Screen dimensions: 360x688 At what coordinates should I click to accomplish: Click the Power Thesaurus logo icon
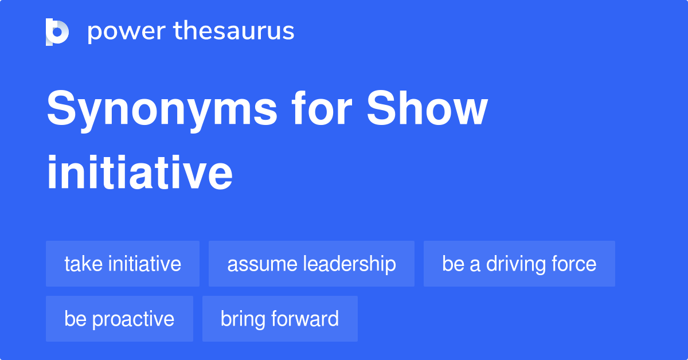point(57,32)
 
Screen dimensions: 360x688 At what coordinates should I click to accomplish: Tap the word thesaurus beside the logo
point(234,32)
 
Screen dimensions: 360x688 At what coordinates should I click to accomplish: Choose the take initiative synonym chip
point(123,264)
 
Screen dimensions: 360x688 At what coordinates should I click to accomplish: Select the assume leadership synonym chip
point(311,264)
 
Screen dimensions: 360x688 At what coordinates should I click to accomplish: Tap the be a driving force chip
point(519,264)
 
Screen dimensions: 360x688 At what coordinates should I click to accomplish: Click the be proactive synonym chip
point(119,319)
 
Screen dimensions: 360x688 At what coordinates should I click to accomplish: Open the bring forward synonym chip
point(280,319)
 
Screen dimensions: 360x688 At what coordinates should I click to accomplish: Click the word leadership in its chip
point(350,264)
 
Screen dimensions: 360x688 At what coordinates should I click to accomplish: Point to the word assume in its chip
point(262,264)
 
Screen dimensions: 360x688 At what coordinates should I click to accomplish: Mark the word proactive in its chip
point(133,319)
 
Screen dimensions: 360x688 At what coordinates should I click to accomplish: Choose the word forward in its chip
point(306,319)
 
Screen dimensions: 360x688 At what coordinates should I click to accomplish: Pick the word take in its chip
point(83,264)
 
